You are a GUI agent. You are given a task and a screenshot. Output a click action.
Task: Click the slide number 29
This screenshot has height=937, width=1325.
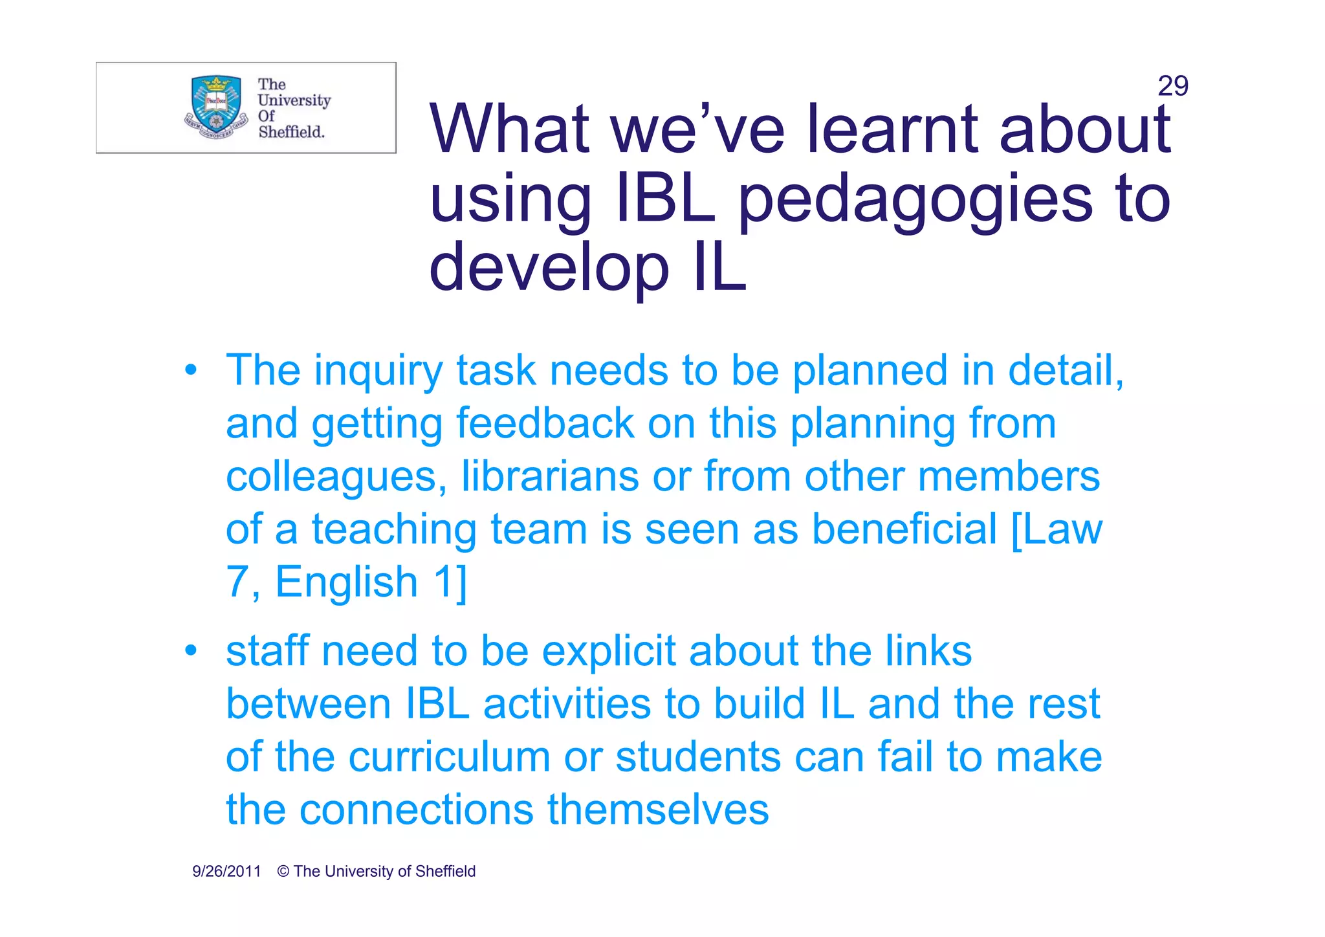click(x=1172, y=86)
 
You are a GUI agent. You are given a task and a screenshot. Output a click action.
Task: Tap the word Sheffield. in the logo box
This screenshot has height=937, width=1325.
click(x=291, y=132)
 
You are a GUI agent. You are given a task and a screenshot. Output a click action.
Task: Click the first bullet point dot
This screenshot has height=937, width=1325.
click(x=190, y=371)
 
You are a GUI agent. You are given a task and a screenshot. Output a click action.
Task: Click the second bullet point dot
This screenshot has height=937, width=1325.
click(x=190, y=650)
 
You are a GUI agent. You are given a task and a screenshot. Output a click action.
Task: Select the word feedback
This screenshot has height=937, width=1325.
click(x=545, y=424)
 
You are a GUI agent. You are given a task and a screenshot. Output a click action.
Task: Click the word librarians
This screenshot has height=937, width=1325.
click(x=550, y=477)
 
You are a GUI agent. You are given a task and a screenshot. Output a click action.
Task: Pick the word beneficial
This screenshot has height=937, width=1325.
click(x=904, y=529)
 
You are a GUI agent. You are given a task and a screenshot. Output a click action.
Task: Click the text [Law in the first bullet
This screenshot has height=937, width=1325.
click(x=1057, y=529)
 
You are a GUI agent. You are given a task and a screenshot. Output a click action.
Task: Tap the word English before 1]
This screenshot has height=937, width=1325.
click(x=347, y=582)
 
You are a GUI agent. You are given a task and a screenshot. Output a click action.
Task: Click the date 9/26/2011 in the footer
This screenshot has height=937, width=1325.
click(x=226, y=872)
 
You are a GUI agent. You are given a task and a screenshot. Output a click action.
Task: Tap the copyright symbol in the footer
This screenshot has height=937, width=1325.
click(x=283, y=872)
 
